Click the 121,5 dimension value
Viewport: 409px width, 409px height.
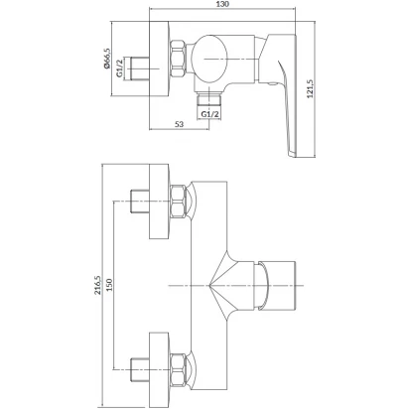click(x=310, y=89)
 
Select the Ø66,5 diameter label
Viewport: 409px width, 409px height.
click(x=107, y=59)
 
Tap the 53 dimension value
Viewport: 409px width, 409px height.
click(x=179, y=124)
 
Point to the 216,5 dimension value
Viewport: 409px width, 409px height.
click(x=97, y=285)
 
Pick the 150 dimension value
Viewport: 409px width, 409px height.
click(x=109, y=285)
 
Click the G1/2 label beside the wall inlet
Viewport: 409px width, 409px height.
click(x=120, y=68)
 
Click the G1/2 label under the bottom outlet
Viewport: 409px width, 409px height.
click(x=209, y=114)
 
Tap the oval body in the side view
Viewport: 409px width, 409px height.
click(x=209, y=59)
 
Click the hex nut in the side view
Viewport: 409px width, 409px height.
click(x=178, y=59)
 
